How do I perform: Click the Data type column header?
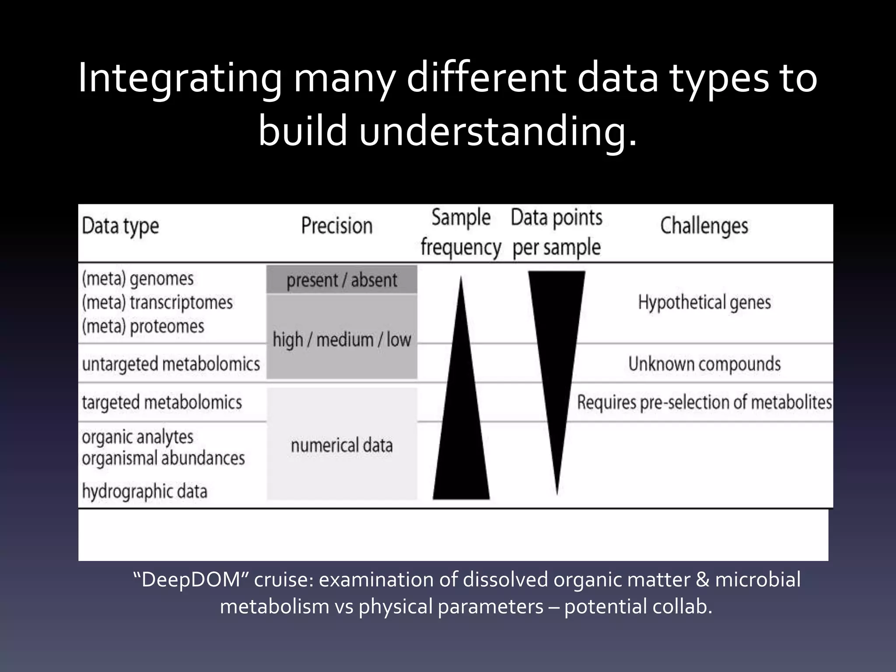[120, 227]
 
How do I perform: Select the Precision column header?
[337, 226]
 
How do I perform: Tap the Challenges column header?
[704, 226]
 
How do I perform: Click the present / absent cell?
[342, 280]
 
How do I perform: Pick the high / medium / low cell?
[342, 339]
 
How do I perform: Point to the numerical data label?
[342, 445]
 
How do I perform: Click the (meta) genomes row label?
[138, 279]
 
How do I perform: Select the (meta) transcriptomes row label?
[157, 302]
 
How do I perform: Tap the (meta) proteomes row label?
[143, 326]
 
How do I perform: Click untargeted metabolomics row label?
[171, 364]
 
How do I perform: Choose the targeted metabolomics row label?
[162, 402]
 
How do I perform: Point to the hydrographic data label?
[144, 491]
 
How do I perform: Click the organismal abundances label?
[163, 458]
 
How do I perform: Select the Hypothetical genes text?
[704, 302]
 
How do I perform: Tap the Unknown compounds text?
[704, 364]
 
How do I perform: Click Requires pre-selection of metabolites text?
[704, 402]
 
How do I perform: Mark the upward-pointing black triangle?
[461, 429]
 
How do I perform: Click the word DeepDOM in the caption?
[193, 580]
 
